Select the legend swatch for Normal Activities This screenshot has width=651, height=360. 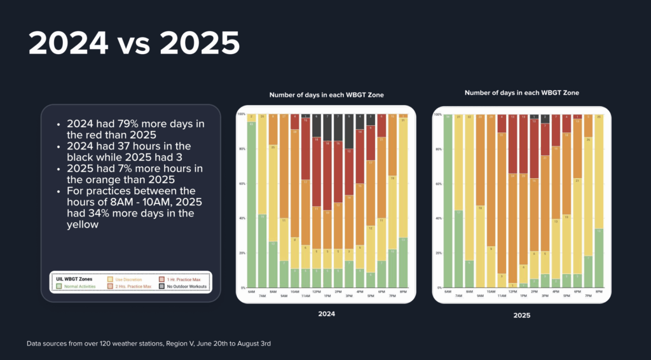point(59,286)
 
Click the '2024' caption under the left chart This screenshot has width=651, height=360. point(325,314)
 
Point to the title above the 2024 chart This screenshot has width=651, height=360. point(326,95)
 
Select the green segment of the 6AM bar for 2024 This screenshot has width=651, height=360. point(251,204)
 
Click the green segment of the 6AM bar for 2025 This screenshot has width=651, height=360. point(448,204)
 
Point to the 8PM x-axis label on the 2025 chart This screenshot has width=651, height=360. point(598,291)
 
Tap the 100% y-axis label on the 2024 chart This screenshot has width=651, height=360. point(241,114)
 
